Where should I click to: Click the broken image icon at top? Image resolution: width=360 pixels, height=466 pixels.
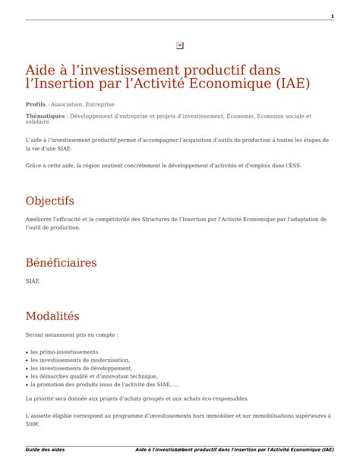click(x=179, y=45)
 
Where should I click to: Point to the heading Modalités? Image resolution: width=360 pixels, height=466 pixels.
click(x=52, y=315)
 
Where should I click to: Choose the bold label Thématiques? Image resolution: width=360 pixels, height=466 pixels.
click(x=46, y=116)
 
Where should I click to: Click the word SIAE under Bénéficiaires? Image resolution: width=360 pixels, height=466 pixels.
click(x=33, y=281)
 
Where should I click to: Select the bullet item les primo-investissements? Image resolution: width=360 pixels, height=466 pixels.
click(x=65, y=352)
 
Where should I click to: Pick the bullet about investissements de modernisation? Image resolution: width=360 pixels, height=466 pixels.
click(x=80, y=360)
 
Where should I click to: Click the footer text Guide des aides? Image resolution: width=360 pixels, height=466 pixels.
click(x=45, y=449)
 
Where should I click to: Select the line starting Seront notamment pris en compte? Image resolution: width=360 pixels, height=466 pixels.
click(x=71, y=334)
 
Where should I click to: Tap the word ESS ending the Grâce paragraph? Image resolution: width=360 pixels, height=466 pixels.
click(x=293, y=164)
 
